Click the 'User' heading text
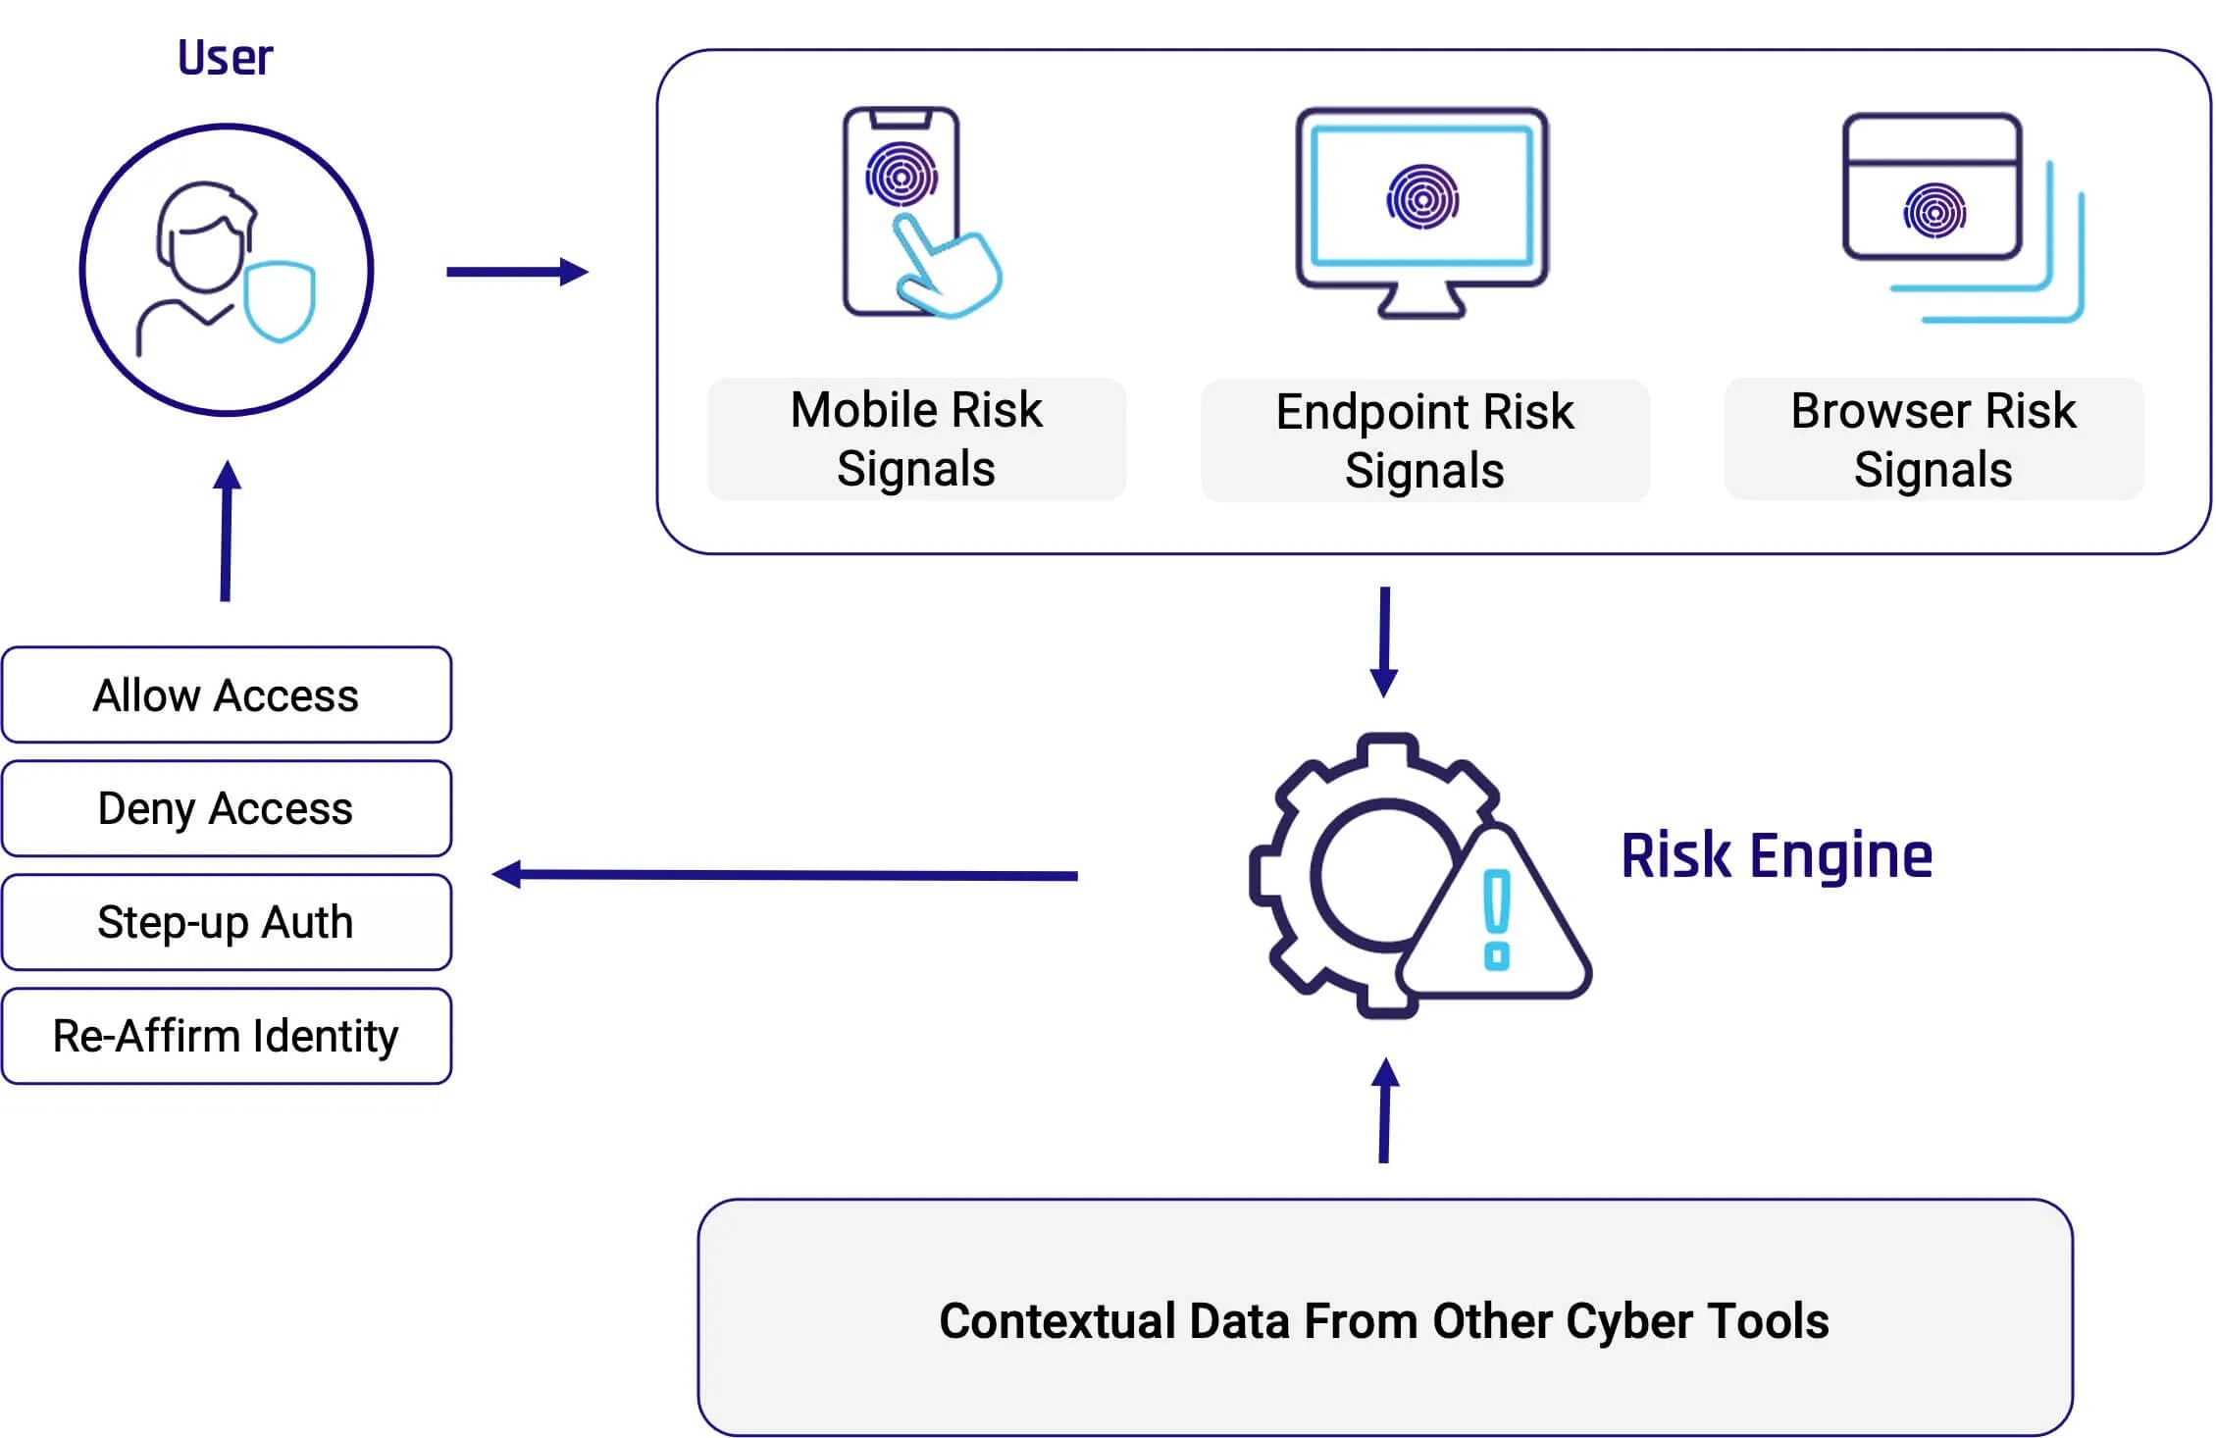tap(225, 58)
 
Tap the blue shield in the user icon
tap(280, 300)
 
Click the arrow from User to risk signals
tap(517, 272)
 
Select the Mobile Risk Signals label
tap(916, 438)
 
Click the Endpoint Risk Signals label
tap(1424, 440)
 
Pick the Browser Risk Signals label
tap(1933, 439)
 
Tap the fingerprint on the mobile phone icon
tap(901, 176)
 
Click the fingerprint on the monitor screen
tap(1422, 197)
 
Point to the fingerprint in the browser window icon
tap(1934, 211)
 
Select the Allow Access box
tap(227, 695)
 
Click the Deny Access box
tap(227, 809)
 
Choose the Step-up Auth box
tap(227, 923)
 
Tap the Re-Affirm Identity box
tap(227, 1036)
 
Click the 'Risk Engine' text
tap(1776, 855)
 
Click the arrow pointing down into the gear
tap(1384, 642)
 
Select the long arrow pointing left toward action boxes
tap(785, 874)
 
